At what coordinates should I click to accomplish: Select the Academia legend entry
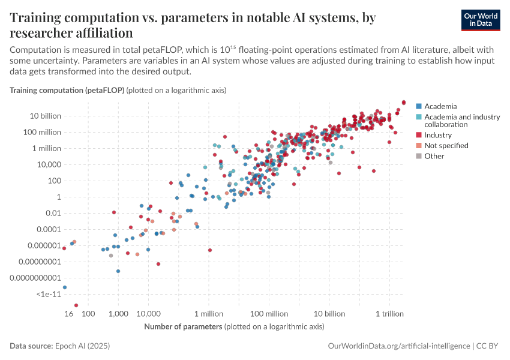click(440, 106)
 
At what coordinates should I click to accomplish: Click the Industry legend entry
click(438, 135)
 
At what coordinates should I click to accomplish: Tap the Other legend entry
click(434, 156)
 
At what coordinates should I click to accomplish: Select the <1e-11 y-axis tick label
click(49, 294)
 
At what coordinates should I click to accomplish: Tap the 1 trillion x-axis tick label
click(389, 313)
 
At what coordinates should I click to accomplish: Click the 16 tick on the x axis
click(69, 313)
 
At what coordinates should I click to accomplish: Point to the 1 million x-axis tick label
click(209, 313)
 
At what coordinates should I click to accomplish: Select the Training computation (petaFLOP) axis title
click(67, 90)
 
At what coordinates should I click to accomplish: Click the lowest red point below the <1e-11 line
click(76, 305)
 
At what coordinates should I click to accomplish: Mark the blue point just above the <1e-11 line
click(65, 287)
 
